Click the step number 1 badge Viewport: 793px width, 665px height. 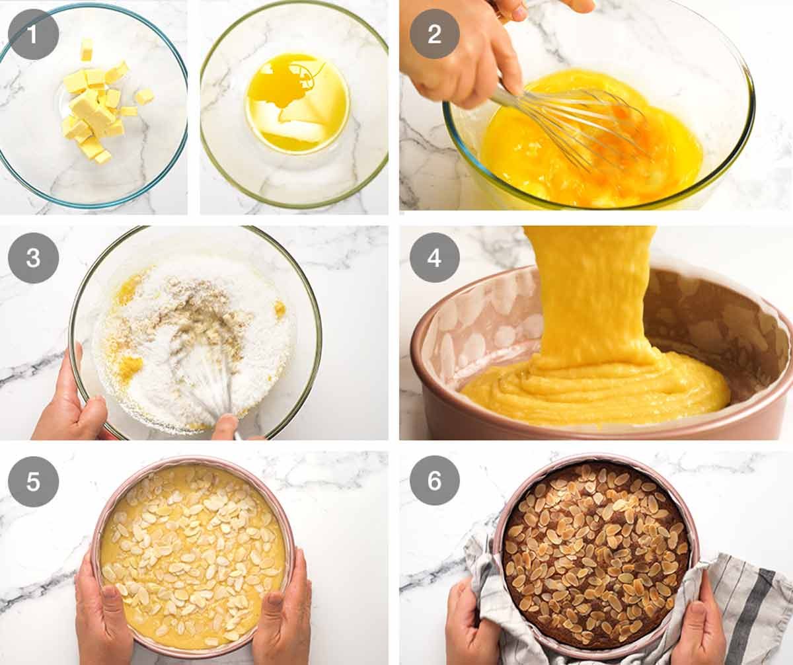click(x=33, y=33)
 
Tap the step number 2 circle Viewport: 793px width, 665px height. click(x=434, y=34)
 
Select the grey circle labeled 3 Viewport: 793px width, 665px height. click(x=33, y=258)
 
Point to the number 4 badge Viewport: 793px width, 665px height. click(x=434, y=258)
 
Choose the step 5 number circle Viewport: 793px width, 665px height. click(x=33, y=481)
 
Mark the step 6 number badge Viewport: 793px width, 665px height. click(x=434, y=481)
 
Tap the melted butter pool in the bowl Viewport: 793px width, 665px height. click(x=297, y=102)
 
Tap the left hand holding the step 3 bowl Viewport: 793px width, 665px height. click(x=66, y=410)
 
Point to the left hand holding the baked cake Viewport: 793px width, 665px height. click(x=472, y=621)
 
